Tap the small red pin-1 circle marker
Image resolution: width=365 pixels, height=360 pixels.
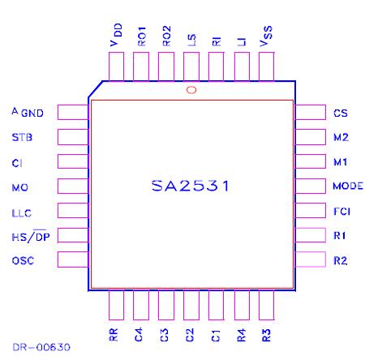coord(191,90)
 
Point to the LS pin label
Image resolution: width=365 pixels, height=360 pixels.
coord(191,41)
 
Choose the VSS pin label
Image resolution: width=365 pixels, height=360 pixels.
coord(266,36)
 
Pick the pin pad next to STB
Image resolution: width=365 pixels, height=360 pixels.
coord(74,137)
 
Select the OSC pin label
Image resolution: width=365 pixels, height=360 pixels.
coord(23,260)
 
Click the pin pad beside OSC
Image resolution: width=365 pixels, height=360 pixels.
coord(74,260)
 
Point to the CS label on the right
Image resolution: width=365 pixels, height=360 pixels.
coord(340,114)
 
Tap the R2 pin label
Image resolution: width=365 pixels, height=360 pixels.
coord(340,260)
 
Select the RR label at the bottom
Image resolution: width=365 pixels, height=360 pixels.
coord(114,334)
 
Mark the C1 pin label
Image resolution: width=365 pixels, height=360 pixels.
coord(216,334)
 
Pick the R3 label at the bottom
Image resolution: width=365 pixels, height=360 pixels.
coord(266,334)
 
